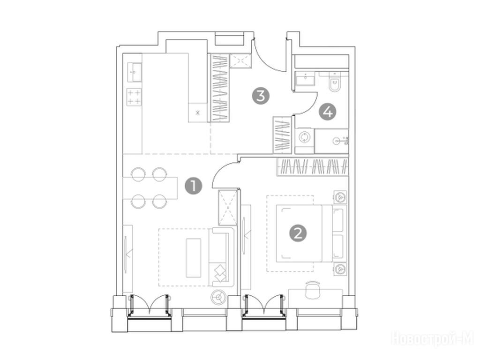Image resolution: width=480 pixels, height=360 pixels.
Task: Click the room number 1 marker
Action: pos(194,186)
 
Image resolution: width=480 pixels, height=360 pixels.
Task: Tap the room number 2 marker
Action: pos(298,233)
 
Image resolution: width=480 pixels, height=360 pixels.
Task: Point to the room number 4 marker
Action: pos(328,112)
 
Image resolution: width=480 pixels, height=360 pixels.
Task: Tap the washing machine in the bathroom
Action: pos(305,137)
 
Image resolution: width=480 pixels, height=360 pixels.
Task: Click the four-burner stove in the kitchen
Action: pos(135,97)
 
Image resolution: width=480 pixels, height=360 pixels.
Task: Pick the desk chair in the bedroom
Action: pos(312,290)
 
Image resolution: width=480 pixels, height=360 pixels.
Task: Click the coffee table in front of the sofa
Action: pos(194,258)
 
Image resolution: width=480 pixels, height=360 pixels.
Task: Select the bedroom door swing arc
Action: pos(221,169)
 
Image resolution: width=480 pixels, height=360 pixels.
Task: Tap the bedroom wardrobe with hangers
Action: pos(313,167)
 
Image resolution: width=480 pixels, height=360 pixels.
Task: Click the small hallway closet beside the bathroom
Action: pos(282,135)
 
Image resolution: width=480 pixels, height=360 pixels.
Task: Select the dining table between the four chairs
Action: pos(150,188)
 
